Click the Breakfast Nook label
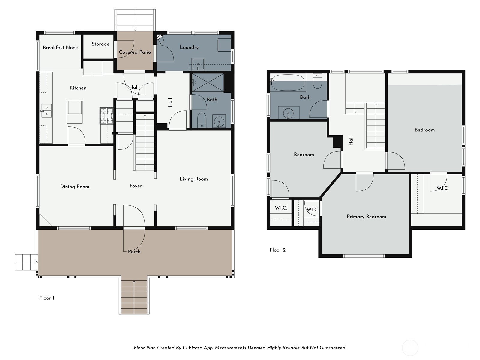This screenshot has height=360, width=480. point(60,48)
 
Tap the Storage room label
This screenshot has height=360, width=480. point(100,44)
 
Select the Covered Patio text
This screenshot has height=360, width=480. point(135,52)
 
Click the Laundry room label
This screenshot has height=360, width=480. point(189,47)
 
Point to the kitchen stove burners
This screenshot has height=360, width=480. point(107,116)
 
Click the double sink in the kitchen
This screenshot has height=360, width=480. point(46,111)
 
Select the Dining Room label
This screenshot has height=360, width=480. point(75,187)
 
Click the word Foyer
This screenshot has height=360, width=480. point(136,186)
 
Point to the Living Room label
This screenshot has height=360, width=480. point(194,179)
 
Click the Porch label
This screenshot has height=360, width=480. point(134,252)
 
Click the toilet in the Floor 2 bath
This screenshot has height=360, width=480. point(317,81)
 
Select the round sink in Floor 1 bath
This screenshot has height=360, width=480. point(219,121)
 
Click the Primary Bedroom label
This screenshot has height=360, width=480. point(367,217)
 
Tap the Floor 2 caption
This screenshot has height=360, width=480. point(278,250)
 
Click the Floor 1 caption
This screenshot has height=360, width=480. point(47,298)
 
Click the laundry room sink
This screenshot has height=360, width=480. point(198,64)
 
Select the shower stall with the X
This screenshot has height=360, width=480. point(208,82)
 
